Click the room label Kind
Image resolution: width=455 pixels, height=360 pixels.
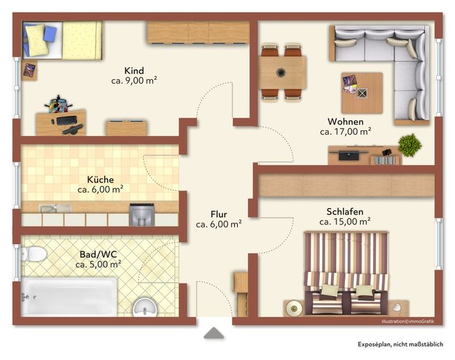pyautogui.click(x=134, y=71)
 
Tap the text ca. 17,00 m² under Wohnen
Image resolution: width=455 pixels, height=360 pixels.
pyautogui.click(x=346, y=132)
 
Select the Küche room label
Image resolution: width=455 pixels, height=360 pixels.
pyautogui.click(x=100, y=179)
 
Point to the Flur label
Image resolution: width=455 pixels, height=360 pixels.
pyautogui.click(x=219, y=215)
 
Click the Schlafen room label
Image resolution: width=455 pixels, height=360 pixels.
pyautogui.click(x=345, y=212)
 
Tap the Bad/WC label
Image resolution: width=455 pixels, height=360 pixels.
pyautogui.click(x=98, y=255)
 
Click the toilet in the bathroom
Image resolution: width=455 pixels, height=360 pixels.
pyautogui.click(x=34, y=254)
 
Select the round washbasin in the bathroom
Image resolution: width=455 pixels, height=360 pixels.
pyautogui.click(x=145, y=308)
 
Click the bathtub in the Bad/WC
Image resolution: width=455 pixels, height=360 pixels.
pyautogui.click(x=69, y=297)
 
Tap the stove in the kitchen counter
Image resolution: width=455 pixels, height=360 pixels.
pyautogui.click(x=141, y=215)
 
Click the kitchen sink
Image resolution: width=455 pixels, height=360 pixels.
pyautogui.click(x=55, y=208)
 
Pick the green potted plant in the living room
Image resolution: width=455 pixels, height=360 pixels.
pyautogui.click(x=410, y=145)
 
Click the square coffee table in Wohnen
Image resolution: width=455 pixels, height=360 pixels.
pyautogui.click(x=362, y=93)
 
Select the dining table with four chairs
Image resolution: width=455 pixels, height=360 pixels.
pyautogui.click(x=282, y=73)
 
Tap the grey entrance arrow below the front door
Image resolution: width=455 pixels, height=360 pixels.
pyautogui.click(x=214, y=333)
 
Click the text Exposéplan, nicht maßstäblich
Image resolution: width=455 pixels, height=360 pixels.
pyautogui.click(x=400, y=344)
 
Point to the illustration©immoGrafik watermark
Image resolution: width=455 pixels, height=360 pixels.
pyautogui.click(x=408, y=321)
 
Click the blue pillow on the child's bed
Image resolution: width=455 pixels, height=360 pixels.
pyautogui.click(x=50, y=33)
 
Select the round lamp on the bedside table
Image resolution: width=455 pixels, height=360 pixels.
pyautogui.click(x=294, y=308)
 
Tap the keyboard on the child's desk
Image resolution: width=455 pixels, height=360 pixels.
pyautogui.click(x=67, y=120)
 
